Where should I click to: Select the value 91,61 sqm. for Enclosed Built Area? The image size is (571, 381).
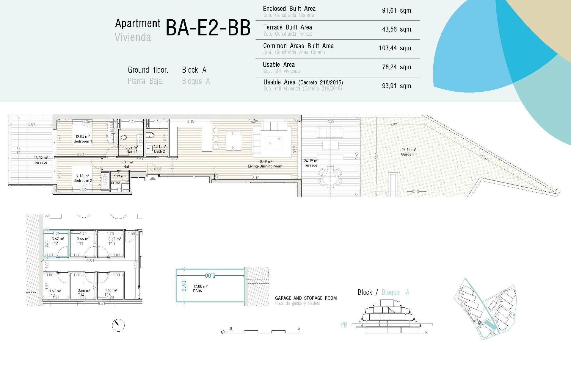tap(397, 11)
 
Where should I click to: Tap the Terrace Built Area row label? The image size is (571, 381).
tap(287, 27)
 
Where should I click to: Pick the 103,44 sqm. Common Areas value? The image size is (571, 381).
tap(396, 48)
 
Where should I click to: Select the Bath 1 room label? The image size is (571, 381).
tap(132, 152)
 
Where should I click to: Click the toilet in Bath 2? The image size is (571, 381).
tap(151, 135)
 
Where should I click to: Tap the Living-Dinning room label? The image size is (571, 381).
tap(265, 166)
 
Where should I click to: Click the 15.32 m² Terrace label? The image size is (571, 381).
tap(41, 160)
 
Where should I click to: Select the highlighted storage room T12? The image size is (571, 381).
tap(57, 243)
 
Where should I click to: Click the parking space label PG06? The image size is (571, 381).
tap(197, 291)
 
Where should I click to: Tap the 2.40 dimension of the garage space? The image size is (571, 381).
tap(184, 286)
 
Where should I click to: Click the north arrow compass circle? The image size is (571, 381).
tap(118, 325)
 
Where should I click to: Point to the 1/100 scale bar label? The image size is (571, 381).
tap(225, 332)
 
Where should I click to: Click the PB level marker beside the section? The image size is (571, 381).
tap(344, 325)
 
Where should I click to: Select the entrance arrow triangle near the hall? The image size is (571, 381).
tap(153, 178)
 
